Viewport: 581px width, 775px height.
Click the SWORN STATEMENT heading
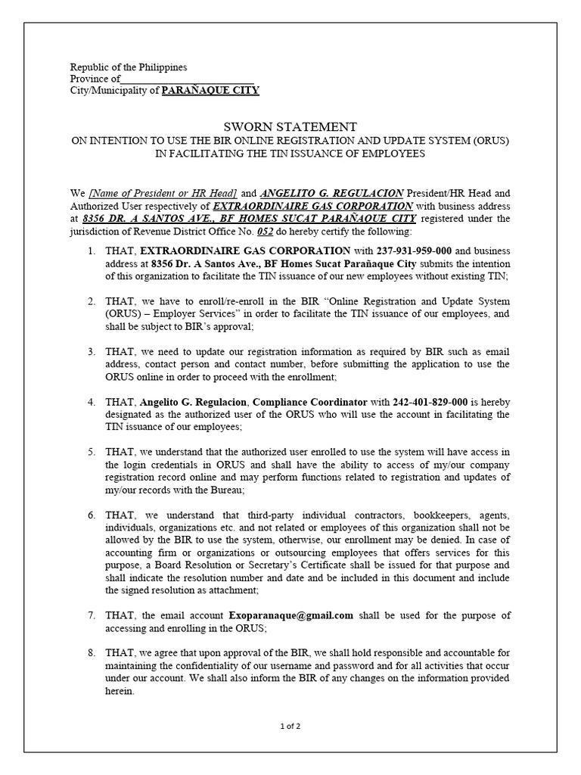[x=290, y=126]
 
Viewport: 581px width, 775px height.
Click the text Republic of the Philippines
[x=128, y=67]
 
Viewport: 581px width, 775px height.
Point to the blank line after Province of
[x=187, y=79]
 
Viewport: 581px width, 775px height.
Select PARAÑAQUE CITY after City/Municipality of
[x=210, y=90]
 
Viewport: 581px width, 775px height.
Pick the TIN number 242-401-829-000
[x=422, y=402]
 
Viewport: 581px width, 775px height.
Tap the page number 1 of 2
[x=290, y=727]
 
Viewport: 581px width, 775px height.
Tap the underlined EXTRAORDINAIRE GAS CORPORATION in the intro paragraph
[x=312, y=206]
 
